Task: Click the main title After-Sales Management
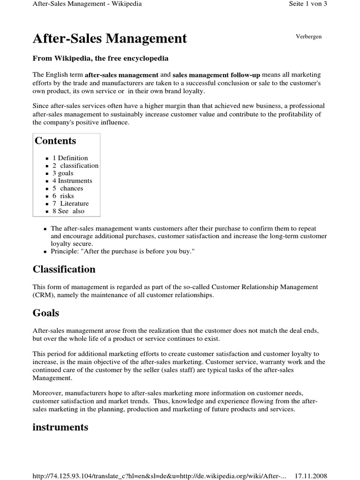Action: [x=110, y=38]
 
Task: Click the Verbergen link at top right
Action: [x=308, y=37]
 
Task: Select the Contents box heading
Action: [x=55, y=141]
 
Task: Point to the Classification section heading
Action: [x=64, y=269]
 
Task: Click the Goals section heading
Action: [x=45, y=313]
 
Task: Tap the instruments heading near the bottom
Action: [x=60, y=427]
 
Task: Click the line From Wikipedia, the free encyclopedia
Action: [x=100, y=59]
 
